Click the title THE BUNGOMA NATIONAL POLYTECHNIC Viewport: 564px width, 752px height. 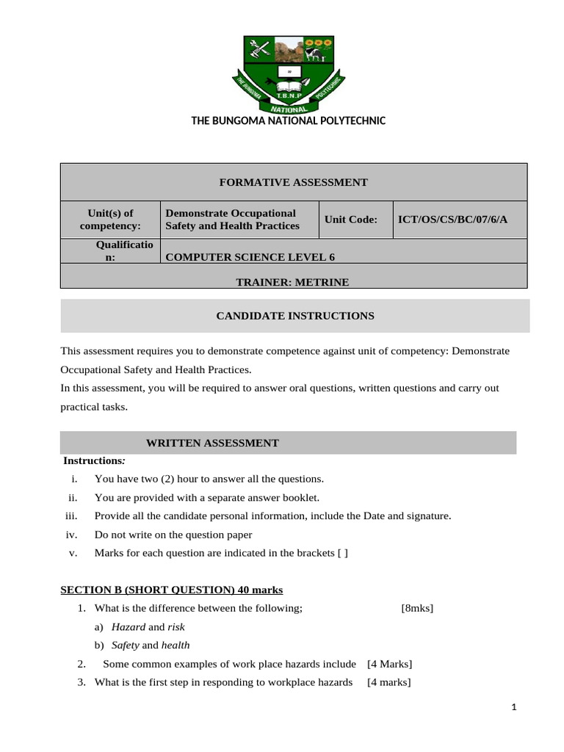pos(289,120)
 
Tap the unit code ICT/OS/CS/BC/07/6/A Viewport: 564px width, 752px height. pos(452,219)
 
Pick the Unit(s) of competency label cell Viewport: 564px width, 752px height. pos(110,219)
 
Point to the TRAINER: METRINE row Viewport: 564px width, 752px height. pos(292,281)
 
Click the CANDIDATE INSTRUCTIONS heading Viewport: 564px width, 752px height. pos(294,316)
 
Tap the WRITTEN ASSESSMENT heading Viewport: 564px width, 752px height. pos(212,443)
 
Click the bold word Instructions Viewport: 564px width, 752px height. pos(93,460)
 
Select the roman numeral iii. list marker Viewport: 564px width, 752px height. pos(71,516)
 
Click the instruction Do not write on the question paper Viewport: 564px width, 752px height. pos(173,535)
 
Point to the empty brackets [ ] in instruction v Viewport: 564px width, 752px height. pos(342,553)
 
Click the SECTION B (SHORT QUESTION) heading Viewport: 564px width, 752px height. pos(171,590)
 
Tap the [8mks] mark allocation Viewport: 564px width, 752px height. pos(418,608)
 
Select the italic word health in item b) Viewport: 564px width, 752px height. pos(176,645)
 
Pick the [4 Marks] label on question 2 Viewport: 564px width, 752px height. pos(389,664)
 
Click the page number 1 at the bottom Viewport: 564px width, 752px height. pos(515,707)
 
